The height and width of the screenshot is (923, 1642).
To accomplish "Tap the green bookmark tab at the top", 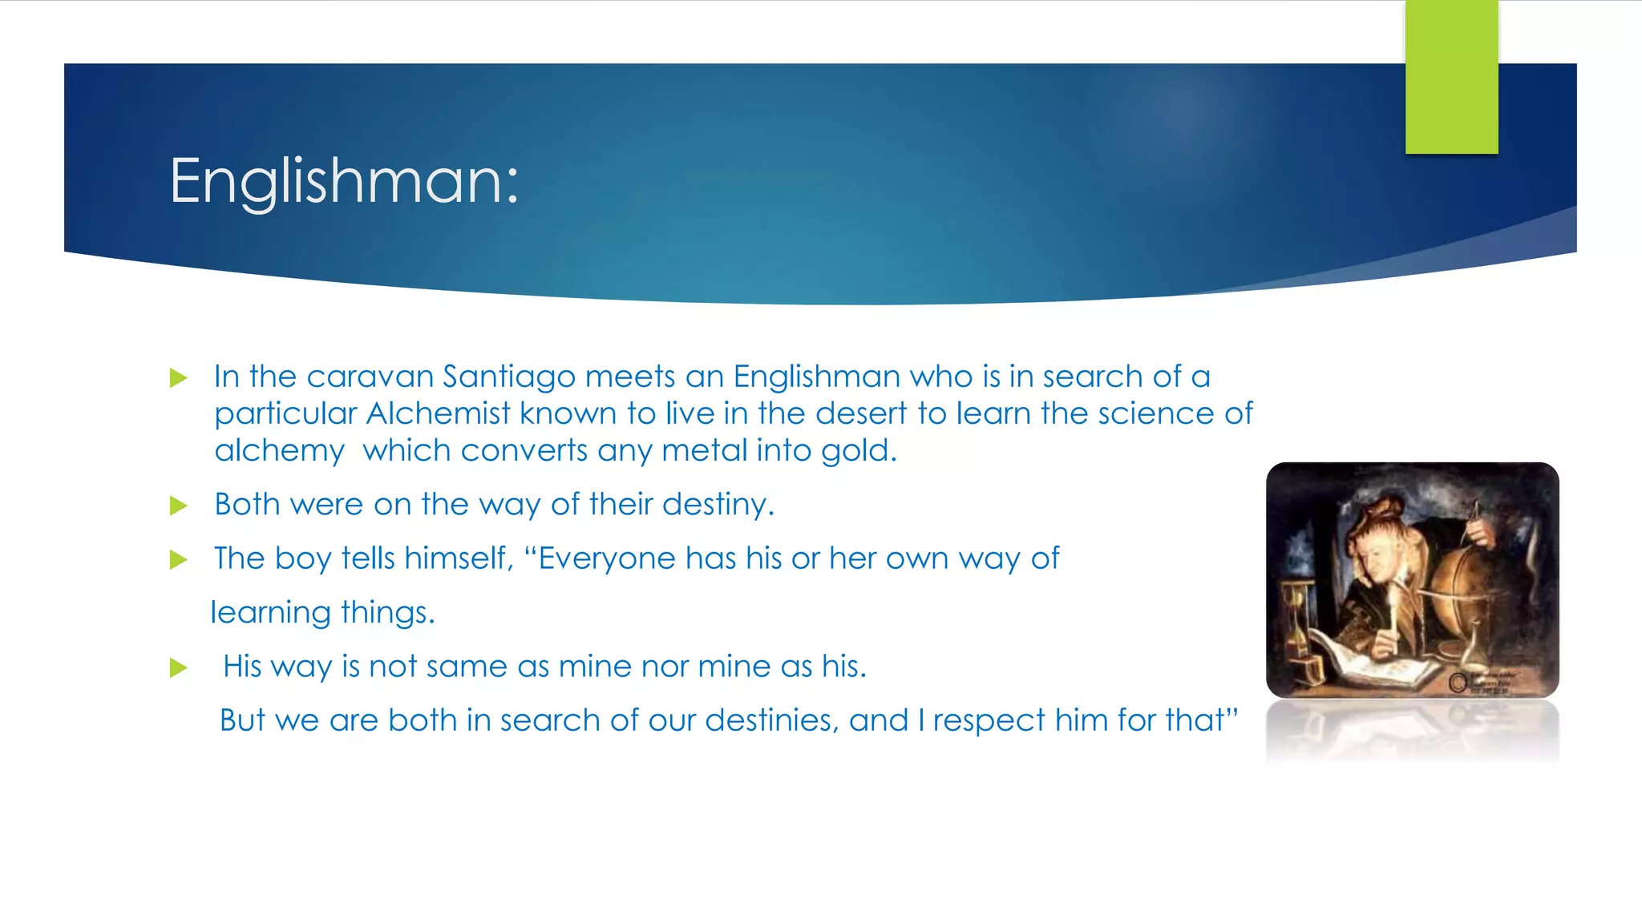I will coord(1451,77).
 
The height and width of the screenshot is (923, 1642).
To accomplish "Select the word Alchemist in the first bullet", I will coord(438,413).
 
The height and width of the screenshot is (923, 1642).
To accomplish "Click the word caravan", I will coord(370,377).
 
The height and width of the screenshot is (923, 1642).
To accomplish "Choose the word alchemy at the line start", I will coord(279,451).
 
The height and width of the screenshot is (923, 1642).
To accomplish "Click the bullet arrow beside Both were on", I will coord(179,506).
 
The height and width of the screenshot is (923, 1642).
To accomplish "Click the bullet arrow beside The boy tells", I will coord(179,559).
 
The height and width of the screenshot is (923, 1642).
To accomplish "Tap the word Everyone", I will coord(606,558).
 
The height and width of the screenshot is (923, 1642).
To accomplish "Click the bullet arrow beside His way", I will coord(179,667).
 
